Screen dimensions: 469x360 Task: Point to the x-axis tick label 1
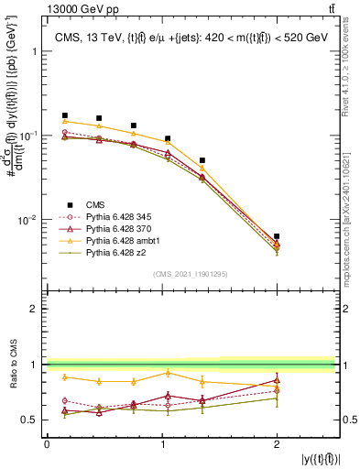coord(162,444)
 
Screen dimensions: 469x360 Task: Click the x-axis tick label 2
coord(277,444)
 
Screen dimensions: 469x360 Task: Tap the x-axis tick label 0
coord(47,444)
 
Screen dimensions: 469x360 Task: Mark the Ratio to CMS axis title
coord(12,365)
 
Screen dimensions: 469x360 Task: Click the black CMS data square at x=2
coord(277,236)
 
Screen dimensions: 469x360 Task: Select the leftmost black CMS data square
coord(64,115)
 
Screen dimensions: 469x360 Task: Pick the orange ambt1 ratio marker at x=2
coord(277,387)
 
